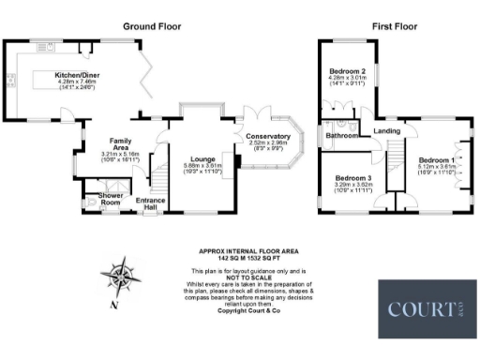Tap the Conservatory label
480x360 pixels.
pos(268,138)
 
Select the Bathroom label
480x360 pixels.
pos(342,135)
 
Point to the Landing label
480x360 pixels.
pos(386,131)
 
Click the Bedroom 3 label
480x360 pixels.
pos(354,178)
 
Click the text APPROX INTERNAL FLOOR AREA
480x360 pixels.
pos(247,251)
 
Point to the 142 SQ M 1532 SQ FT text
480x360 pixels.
pos(247,258)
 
